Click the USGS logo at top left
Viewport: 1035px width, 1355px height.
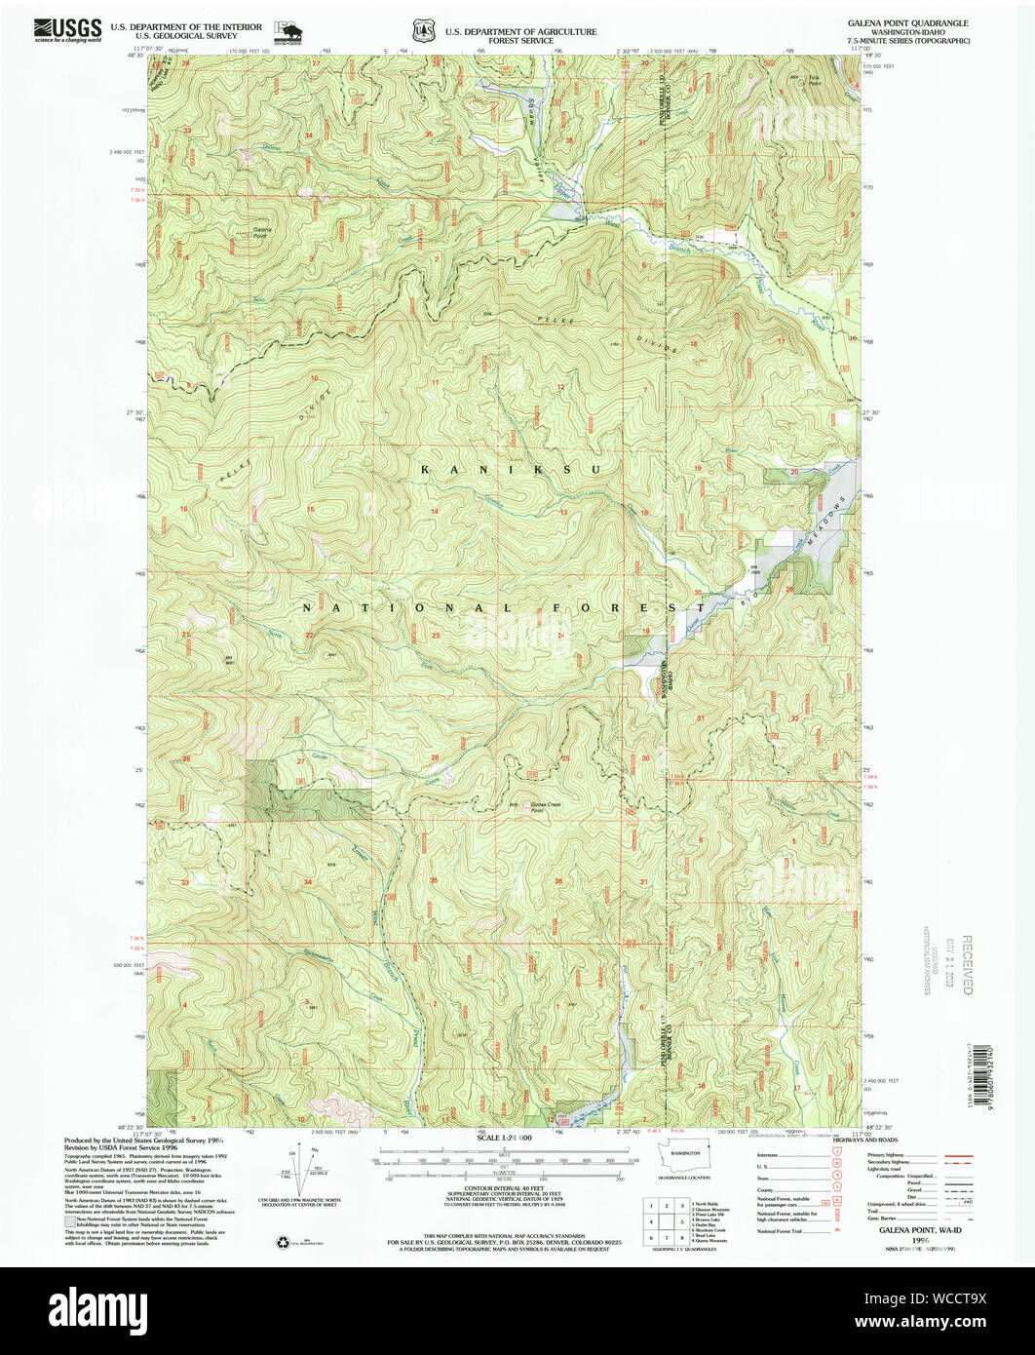(67, 29)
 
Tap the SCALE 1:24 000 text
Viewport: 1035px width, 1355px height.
(505, 1138)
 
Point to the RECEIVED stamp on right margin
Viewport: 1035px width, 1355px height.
(966, 964)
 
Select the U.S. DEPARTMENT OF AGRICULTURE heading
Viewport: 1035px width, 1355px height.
(520, 31)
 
